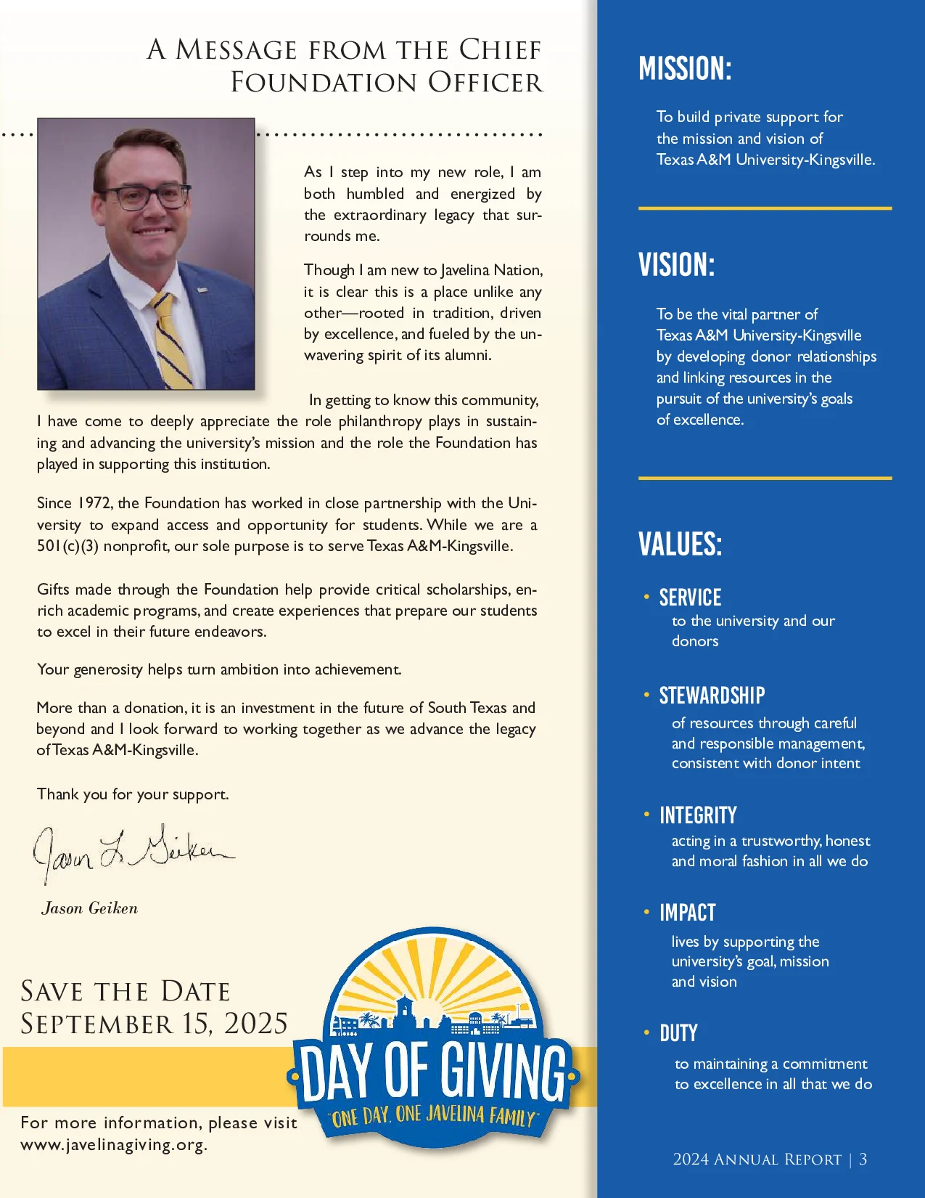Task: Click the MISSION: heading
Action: click(685, 69)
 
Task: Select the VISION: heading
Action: click(676, 265)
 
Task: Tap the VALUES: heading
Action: click(680, 544)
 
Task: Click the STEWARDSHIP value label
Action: click(712, 696)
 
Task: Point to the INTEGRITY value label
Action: click(698, 815)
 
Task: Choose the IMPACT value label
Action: click(687, 913)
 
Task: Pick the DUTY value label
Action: click(678, 1033)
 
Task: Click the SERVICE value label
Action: click(690, 598)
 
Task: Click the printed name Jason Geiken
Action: click(90, 908)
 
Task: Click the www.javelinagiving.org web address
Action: click(114, 1145)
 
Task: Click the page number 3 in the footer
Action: click(863, 1159)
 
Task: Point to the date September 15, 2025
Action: click(154, 1024)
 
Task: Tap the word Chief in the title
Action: click(500, 50)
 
